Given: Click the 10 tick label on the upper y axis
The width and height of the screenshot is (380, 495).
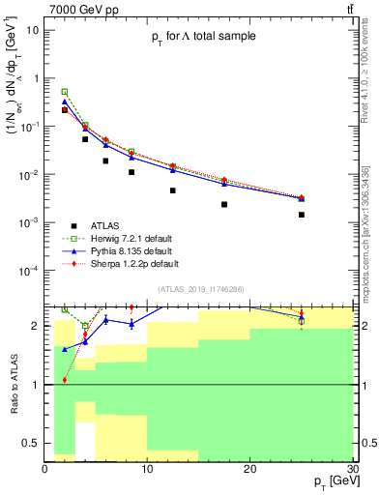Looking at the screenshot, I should [x=34, y=30].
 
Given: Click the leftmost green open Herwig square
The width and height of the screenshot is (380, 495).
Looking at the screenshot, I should [x=65, y=92].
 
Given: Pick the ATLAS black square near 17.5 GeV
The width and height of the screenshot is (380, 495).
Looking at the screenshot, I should [x=224, y=204].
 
